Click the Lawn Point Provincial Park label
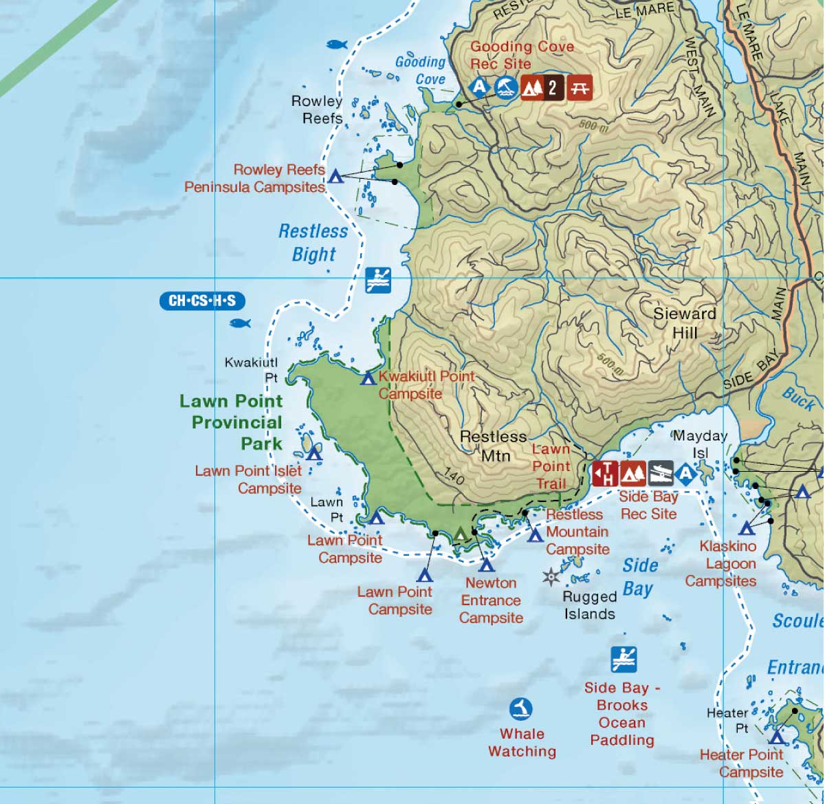tap(231, 422)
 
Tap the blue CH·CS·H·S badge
tap(202, 301)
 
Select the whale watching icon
tap(521, 708)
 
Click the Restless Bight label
tap(313, 243)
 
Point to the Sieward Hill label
tap(684, 323)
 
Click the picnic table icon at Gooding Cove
tap(579, 88)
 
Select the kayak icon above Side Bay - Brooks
tap(624, 660)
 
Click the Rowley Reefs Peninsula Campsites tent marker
tap(335, 177)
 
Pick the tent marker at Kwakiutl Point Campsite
tap(368, 378)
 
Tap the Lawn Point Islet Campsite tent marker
tap(314, 453)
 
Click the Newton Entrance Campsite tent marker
tap(487, 566)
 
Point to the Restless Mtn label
tap(493, 446)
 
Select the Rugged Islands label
tap(589, 605)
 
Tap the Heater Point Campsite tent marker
tap(777, 737)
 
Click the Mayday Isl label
tap(699, 444)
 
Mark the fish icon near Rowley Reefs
tap(335, 45)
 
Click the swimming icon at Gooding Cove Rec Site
tap(506, 88)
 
